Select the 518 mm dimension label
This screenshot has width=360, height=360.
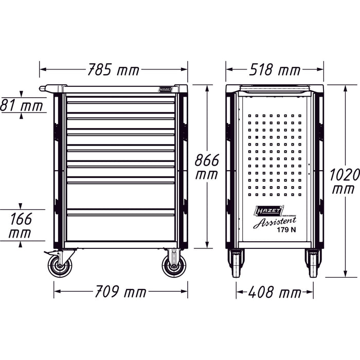click(x=275, y=68)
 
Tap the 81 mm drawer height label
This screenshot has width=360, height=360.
click(x=22, y=106)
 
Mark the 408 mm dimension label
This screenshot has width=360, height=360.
click(x=275, y=293)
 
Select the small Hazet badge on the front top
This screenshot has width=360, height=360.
click(x=166, y=89)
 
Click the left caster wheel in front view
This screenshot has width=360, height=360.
click(x=60, y=266)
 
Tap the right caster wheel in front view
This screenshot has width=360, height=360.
click(x=174, y=266)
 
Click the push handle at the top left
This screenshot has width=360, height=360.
click(x=49, y=88)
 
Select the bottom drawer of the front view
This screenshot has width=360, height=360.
click(x=121, y=227)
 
